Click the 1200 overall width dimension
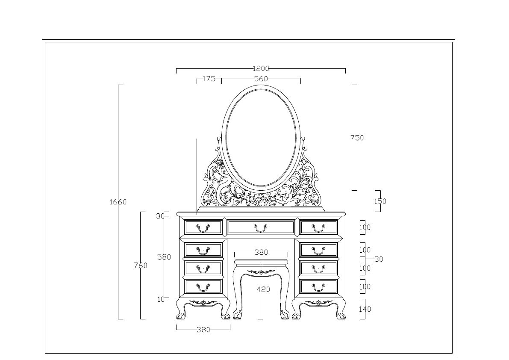tap(261, 68)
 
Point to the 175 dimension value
tap(209, 79)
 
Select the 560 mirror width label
tap(261, 79)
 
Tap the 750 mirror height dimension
tap(357, 138)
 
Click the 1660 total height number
tap(118, 202)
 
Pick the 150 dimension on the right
tap(380, 201)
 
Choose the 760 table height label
tap(140, 266)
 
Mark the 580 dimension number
tap(164, 257)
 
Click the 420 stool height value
tap(263, 289)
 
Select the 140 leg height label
tap(365, 309)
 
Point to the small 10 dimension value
tap(161, 299)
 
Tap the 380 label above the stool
tap(261, 252)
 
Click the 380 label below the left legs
tap(203, 330)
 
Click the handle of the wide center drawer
tap(261, 228)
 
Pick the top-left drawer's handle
tap(203, 228)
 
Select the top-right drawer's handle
tap(318, 228)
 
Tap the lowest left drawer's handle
tap(203, 287)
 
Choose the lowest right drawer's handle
tap(318, 287)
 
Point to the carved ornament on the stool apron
tap(261, 272)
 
